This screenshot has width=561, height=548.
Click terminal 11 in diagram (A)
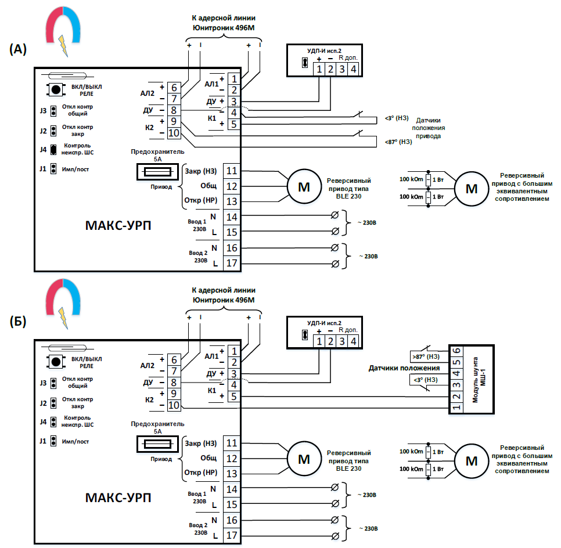pyautogui.click(x=232, y=171)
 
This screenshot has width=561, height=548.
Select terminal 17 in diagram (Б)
pyautogui.click(x=232, y=535)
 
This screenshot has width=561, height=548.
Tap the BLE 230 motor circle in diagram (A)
pyautogui.click(x=304, y=187)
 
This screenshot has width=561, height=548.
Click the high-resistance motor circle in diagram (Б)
pyautogui.click(x=472, y=461)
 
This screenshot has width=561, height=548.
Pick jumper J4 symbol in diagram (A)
pyautogui.click(x=53, y=150)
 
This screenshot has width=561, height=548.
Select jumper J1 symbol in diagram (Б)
pyautogui.click(x=53, y=442)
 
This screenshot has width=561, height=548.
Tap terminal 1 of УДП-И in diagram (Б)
pyautogui.click(x=319, y=341)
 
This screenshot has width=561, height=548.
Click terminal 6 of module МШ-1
pyautogui.click(x=456, y=351)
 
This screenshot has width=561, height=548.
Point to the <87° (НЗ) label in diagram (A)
pyautogui.click(x=398, y=142)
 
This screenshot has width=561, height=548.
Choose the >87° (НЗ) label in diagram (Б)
pyautogui.click(x=425, y=356)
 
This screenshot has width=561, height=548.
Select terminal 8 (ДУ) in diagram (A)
pyautogui.click(x=174, y=110)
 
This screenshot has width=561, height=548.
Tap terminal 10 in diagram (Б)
pyautogui.click(x=174, y=406)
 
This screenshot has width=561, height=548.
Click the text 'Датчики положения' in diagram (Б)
pyautogui.click(x=404, y=368)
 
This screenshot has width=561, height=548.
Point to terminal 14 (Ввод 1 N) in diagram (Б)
pyautogui.click(x=232, y=489)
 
